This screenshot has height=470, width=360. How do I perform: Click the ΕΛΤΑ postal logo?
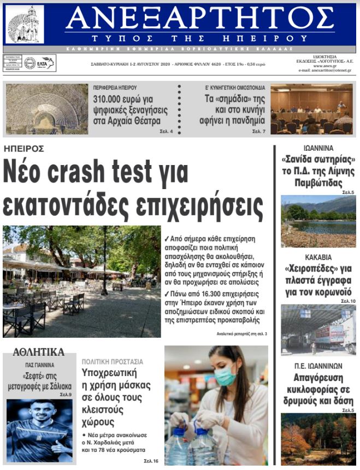click(x=39, y=63)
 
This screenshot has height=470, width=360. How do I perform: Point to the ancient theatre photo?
click(x=46, y=109)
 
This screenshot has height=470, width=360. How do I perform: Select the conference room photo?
click(x=311, y=109)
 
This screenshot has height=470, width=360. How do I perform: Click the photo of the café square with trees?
click(x=82, y=281)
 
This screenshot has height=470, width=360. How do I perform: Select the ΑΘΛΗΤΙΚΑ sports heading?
click(x=39, y=352)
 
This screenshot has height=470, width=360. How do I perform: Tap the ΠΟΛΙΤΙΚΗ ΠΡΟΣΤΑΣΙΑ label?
click(x=113, y=362)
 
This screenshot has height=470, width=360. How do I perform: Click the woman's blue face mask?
click(x=225, y=375)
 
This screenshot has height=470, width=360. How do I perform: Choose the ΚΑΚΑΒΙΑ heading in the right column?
click(x=318, y=257)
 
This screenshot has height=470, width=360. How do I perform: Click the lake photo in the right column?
click(x=318, y=221)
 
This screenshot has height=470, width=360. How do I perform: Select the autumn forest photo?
click(x=318, y=440)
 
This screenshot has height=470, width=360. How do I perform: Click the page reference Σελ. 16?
click(x=151, y=461)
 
